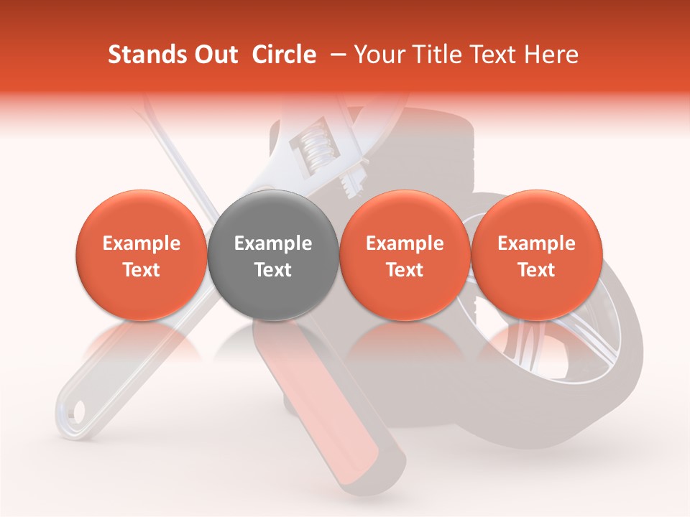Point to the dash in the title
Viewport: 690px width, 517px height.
point(335,55)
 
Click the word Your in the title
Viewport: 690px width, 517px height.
point(376,55)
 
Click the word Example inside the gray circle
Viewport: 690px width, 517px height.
point(273,243)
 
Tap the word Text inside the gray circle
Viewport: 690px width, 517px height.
point(273,270)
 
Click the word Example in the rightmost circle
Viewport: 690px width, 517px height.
point(537,243)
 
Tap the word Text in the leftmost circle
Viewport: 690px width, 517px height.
point(142,270)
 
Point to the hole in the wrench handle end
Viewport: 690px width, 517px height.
point(77,411)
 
